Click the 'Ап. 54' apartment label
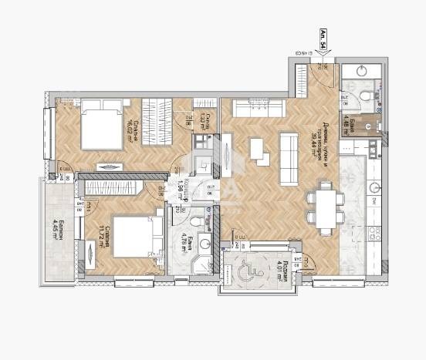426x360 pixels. pos(323,39)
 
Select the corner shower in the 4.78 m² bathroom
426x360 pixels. pos(206,248)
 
